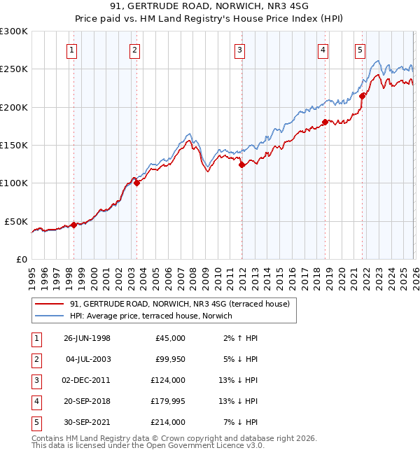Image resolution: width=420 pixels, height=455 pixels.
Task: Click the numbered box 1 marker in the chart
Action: pos(73,50)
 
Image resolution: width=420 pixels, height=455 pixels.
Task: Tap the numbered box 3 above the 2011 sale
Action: pos(239,50)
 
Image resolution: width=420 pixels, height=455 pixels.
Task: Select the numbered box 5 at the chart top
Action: pos(360,50)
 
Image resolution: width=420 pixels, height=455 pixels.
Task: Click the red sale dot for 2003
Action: pos(136,183)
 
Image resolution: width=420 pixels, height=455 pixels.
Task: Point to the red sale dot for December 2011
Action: pos(241,166)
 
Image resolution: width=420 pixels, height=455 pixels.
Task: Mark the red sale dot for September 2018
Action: pos(325,122)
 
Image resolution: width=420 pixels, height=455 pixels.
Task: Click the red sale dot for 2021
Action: pos(363,97)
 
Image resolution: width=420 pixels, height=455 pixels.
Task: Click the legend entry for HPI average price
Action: pos(155,316)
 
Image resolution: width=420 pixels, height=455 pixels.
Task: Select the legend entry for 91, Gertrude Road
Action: pos(183,304)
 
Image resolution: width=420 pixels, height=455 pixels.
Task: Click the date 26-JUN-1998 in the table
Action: pos(87,338)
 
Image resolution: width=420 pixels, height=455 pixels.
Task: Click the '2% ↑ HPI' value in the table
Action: pos(244,338)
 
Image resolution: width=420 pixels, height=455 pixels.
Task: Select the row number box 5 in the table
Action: pos(35,422)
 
